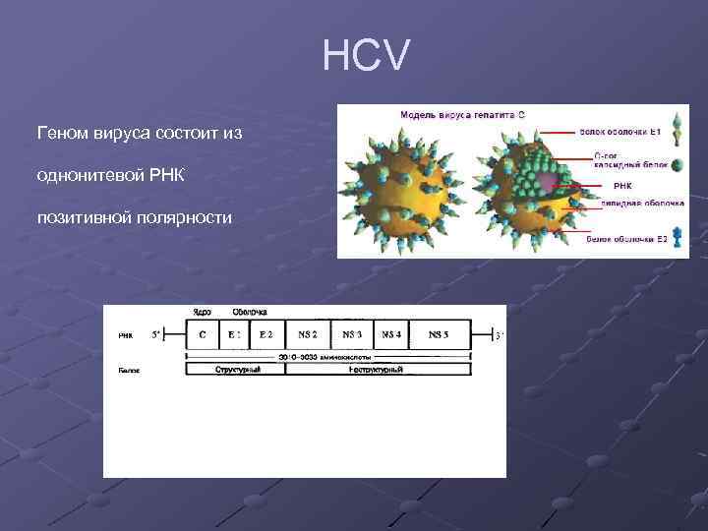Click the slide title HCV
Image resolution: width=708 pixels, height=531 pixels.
363,56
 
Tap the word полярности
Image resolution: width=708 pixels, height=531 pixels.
184,215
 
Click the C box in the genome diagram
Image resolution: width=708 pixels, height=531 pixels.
203,334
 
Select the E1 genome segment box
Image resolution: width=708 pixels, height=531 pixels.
234,334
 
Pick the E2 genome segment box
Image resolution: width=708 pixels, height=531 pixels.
266,334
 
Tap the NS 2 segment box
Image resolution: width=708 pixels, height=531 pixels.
308,334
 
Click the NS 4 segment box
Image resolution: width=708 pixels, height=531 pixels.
391,334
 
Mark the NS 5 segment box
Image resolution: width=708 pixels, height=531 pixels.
439,334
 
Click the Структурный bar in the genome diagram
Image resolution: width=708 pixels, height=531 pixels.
236,370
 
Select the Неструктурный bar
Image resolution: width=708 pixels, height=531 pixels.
378,370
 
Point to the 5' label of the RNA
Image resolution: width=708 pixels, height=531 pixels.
156,334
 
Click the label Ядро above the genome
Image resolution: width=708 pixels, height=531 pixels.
202,313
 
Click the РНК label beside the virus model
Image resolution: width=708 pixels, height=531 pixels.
622,184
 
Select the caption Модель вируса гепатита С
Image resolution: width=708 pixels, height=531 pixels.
462,114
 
